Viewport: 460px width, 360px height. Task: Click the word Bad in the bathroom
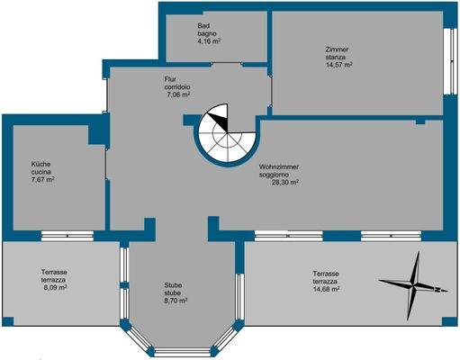coord(203,26)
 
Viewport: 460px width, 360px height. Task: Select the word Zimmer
coord(337,49)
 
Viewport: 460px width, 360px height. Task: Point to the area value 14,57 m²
coord(339,65)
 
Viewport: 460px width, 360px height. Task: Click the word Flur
coord(170,79)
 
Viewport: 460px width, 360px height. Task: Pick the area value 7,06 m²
coord(178,94)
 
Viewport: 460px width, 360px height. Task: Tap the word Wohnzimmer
coord(279,167)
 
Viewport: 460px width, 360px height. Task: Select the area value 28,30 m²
coord(285,183)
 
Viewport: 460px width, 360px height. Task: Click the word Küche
coord(41,165)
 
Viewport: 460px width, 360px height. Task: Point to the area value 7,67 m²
coord(42,180)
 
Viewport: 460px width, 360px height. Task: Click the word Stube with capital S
coord(173,285)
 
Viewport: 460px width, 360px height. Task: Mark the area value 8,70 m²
coord(176,301)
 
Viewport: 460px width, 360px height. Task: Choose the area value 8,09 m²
coord(55,288)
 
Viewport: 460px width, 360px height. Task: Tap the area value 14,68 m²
coord(326,289)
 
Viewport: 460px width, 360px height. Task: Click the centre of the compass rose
coord(413,284)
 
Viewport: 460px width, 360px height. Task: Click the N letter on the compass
coord(437,290)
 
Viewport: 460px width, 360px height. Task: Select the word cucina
coord(41,172)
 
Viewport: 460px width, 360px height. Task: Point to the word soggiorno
coord(274,175)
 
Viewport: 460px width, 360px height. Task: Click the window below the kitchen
coord(68,236)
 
